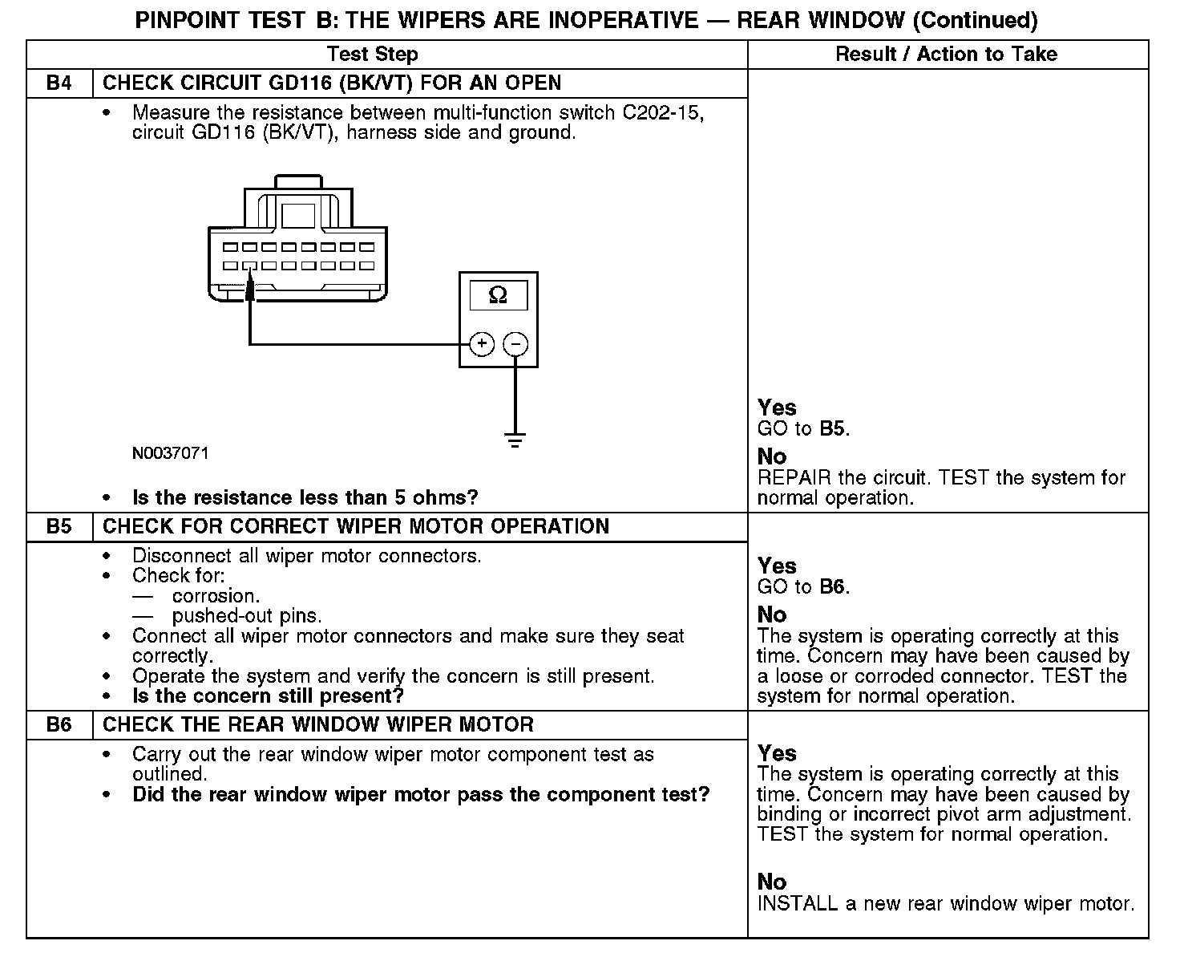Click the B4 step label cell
[59, 83]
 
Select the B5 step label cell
[59, 527]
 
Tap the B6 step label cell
[59, 725]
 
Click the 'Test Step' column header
[373, 55]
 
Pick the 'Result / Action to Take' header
[946, 55]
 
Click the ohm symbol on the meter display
[498, 295]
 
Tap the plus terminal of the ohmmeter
[481, 344]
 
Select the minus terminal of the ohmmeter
[515, 344]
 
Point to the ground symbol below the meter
[515, 440]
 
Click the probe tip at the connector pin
[250, 287]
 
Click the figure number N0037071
[171, 453]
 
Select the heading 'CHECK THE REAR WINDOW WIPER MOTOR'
[318, 725]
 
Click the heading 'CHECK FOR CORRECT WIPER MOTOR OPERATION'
[356, 527]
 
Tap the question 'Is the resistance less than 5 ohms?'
[305, 498]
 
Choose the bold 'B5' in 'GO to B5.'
[833, 429]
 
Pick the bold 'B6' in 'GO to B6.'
[833, 587]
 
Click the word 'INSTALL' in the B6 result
[797, 904]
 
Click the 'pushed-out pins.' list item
[247, 616]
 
